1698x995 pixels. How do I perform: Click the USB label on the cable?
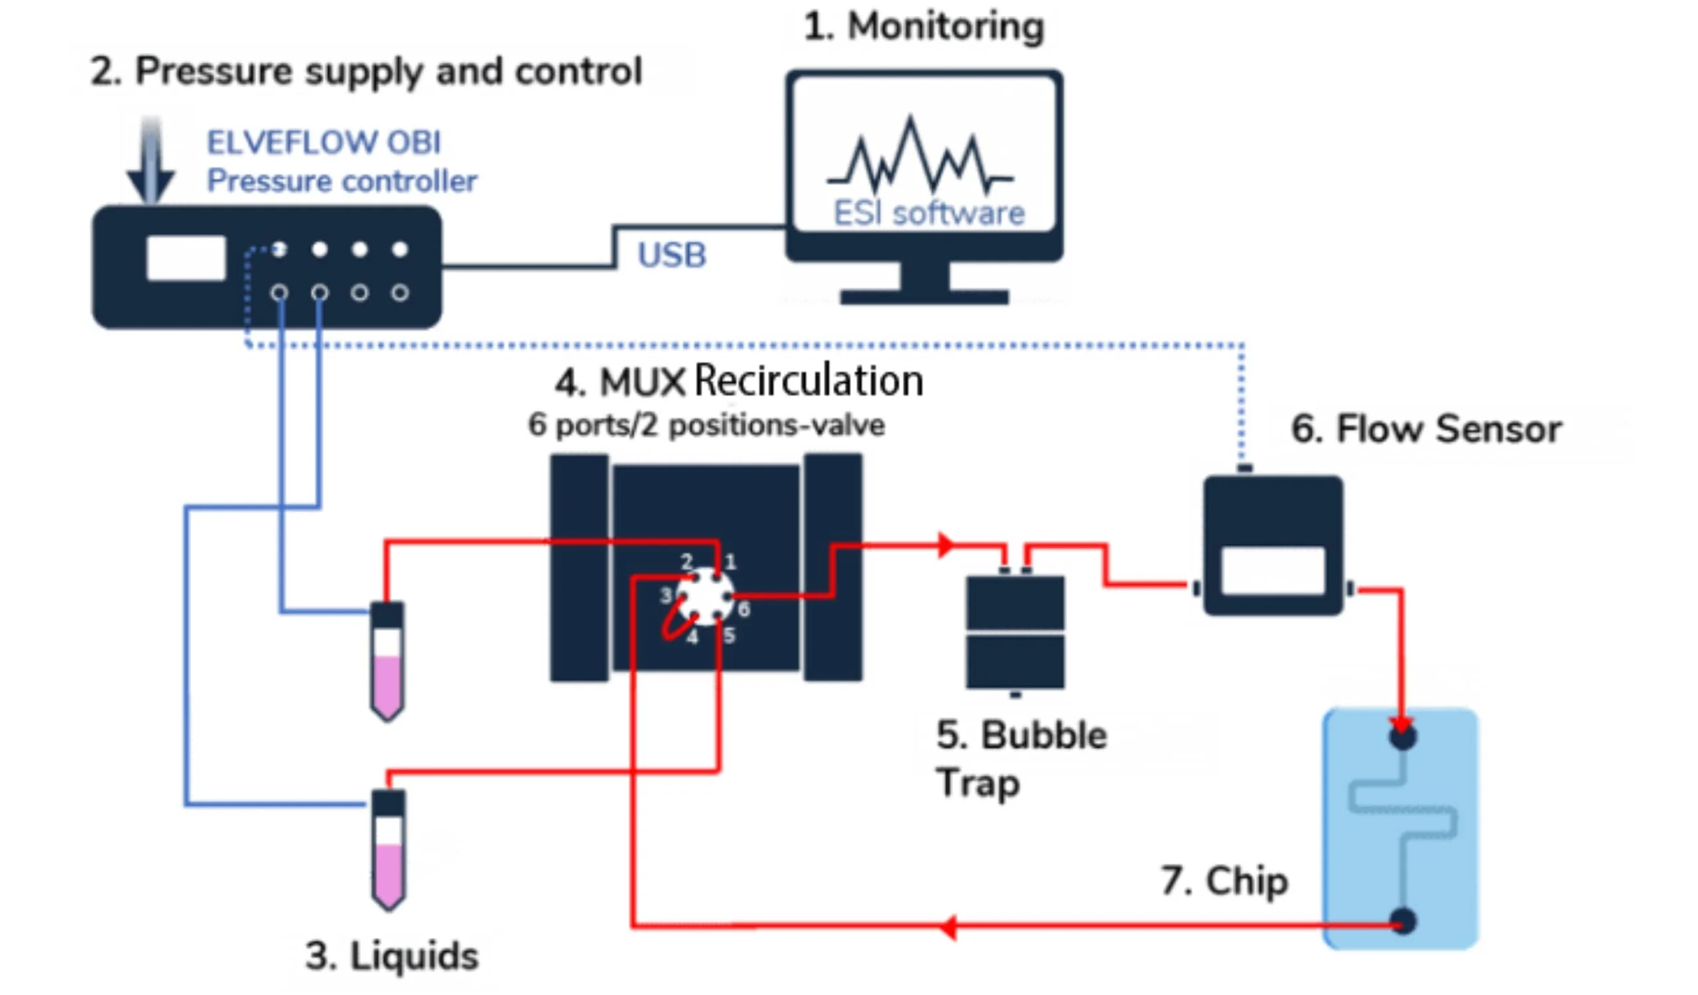click(x=672, y=255)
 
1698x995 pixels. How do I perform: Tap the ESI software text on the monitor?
click(x=929, y=214)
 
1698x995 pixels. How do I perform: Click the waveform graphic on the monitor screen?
click(x=920, y=159)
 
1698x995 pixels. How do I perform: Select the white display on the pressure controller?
click(x=186, y=258)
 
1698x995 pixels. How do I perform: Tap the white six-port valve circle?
click(x=705, y=596)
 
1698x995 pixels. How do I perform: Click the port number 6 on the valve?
click(x=744, y=610)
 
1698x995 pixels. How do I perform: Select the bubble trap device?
click(x=1015, y=632)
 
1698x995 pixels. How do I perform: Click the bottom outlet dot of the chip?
click(x=1403, y=921)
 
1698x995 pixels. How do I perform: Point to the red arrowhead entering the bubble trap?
click(x=946, y=545)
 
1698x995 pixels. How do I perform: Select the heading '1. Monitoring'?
click(x=924, y=27)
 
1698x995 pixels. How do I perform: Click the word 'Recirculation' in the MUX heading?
click(x=809, y=381)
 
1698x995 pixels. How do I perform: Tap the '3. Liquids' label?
click(x=392, y=956)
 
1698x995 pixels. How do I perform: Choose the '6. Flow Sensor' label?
click(x=1426, y=429)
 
